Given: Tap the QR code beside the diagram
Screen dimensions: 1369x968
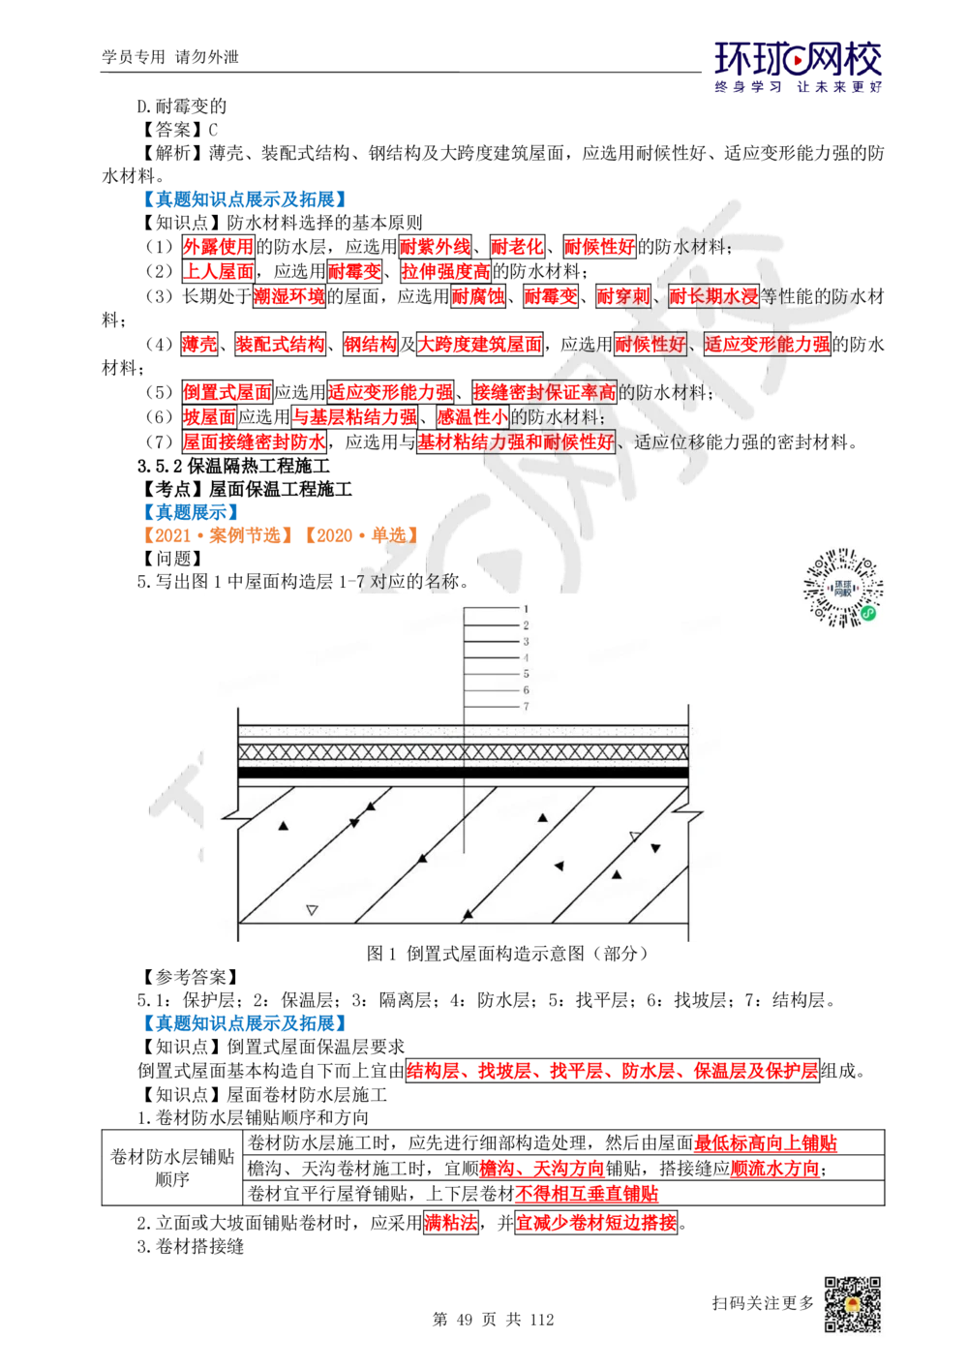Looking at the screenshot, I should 843,589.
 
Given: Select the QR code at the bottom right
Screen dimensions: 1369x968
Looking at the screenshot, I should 851,1304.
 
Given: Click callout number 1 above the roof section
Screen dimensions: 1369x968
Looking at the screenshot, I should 526,609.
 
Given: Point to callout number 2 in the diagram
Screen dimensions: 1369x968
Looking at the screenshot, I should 526,625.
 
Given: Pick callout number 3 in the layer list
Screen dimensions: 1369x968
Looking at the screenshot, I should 526,642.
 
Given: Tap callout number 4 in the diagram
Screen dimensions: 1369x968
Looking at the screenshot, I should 526,658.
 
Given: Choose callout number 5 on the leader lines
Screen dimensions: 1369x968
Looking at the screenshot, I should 526,674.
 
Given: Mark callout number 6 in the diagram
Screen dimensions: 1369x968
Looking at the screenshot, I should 526,690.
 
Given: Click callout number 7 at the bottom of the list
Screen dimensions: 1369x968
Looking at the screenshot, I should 526,707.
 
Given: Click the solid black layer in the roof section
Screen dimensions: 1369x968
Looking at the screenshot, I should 463,773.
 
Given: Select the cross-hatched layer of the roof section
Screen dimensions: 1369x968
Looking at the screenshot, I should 463,752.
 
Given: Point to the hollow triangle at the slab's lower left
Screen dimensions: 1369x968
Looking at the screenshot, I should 312,909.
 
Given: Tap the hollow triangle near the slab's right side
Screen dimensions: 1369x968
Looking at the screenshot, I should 635,836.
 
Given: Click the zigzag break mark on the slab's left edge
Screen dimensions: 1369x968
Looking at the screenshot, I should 235,809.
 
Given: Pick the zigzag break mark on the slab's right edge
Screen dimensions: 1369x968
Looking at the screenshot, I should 688,809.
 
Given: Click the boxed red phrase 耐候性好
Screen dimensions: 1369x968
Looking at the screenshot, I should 650,344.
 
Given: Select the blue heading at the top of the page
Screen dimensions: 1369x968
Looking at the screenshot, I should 243,198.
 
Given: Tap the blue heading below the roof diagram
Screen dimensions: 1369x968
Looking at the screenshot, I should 243,1023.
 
